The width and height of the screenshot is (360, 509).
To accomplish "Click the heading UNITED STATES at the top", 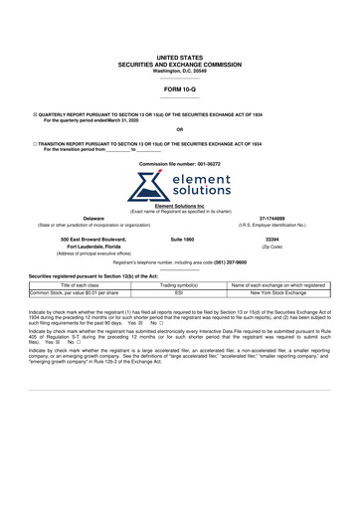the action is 179,60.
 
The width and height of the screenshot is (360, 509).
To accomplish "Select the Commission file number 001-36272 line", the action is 180,163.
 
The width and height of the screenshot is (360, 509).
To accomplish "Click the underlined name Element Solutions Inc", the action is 180,206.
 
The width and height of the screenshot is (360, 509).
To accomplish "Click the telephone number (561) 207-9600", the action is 225,262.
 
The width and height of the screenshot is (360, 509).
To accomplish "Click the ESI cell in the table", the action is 179,293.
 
